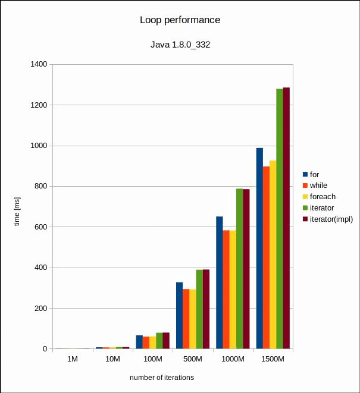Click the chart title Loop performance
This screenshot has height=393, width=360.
pos(180,20)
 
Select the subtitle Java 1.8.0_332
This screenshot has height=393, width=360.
pos(180,45)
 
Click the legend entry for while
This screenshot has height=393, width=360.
pos(318,186)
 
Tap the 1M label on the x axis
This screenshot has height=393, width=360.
pos(72,360)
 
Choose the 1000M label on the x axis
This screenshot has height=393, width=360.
pos(233,360)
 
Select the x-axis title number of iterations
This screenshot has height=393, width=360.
pos(162,378)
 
